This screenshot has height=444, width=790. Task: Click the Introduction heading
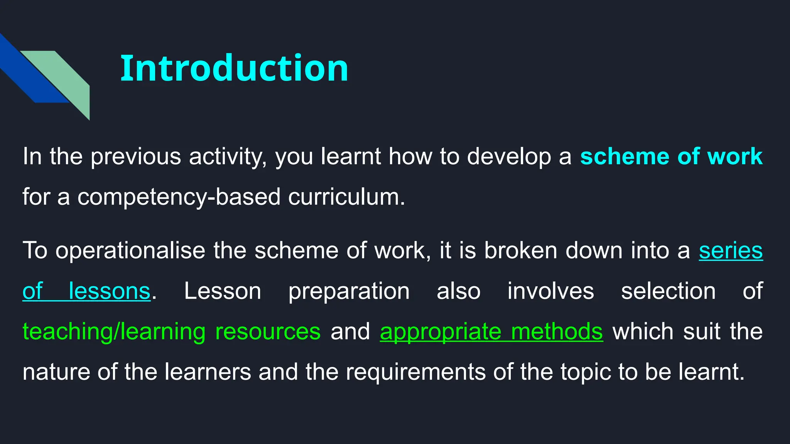[234, 68]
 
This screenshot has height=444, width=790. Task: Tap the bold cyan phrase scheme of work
[671, 156]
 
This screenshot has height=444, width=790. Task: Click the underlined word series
[731, 251]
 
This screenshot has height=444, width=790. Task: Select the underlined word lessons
[109, 291]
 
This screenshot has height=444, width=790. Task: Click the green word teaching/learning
[114, 331]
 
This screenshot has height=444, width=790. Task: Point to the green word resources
[268, 331]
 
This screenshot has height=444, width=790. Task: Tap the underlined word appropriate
[440, 331]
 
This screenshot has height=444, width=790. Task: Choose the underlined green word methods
[557, 331]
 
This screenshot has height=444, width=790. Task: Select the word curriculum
[346, 197]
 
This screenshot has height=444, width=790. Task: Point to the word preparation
[349, 291]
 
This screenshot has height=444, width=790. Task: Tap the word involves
[550, 291]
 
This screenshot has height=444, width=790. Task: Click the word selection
[668, 291]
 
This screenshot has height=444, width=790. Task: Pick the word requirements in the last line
[415, 372]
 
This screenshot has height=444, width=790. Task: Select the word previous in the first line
[136, 156]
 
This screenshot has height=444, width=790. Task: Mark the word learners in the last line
[208, 372]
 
